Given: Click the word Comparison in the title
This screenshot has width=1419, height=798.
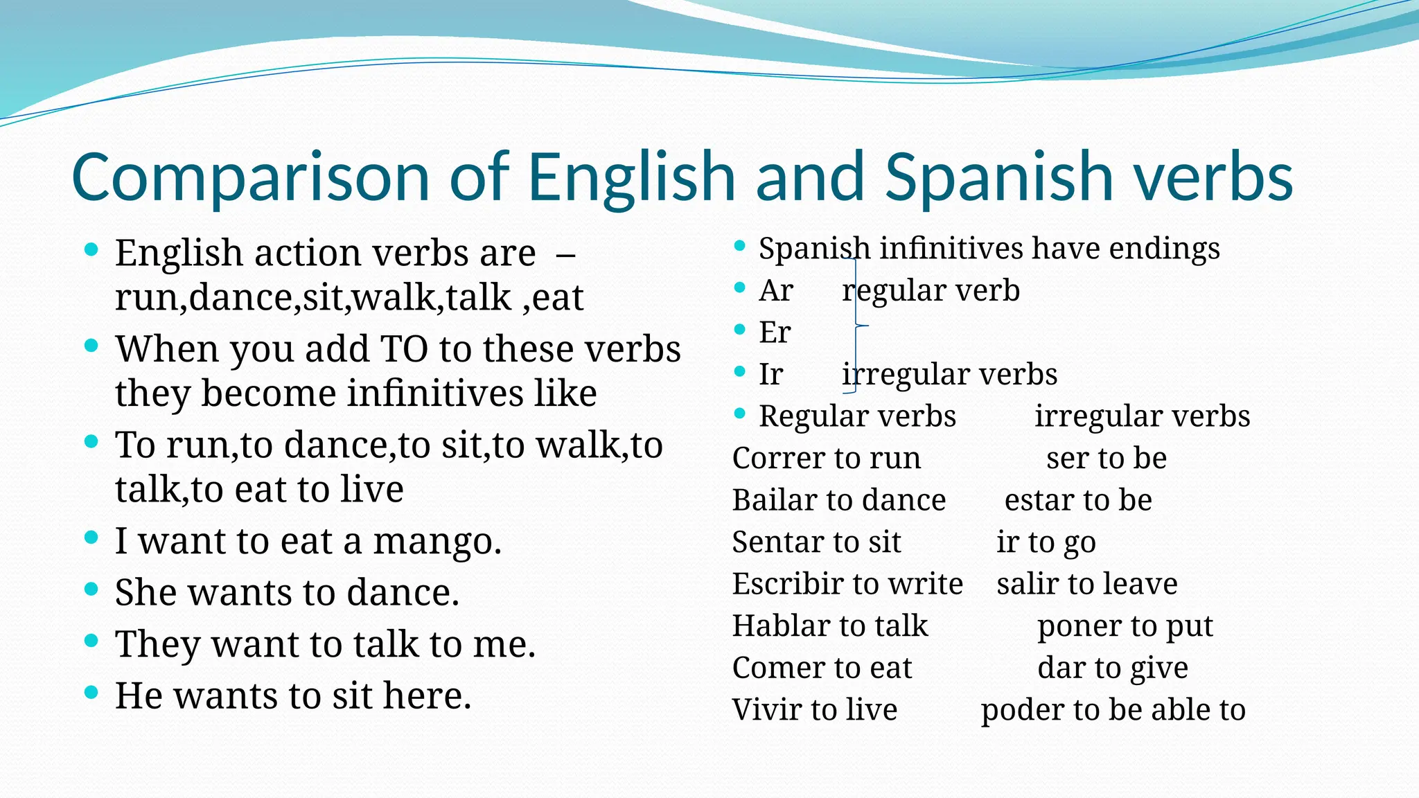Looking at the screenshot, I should coord(251,177).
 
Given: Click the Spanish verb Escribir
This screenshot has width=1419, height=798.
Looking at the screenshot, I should coord(786,584).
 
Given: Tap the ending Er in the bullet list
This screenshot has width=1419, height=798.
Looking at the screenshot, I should coord(775,332).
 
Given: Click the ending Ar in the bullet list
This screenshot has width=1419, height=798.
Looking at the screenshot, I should coord(776,290).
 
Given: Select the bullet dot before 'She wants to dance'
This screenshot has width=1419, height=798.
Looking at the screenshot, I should coord(91,589).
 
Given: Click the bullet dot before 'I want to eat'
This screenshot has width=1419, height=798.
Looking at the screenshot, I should coord(91,537).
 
